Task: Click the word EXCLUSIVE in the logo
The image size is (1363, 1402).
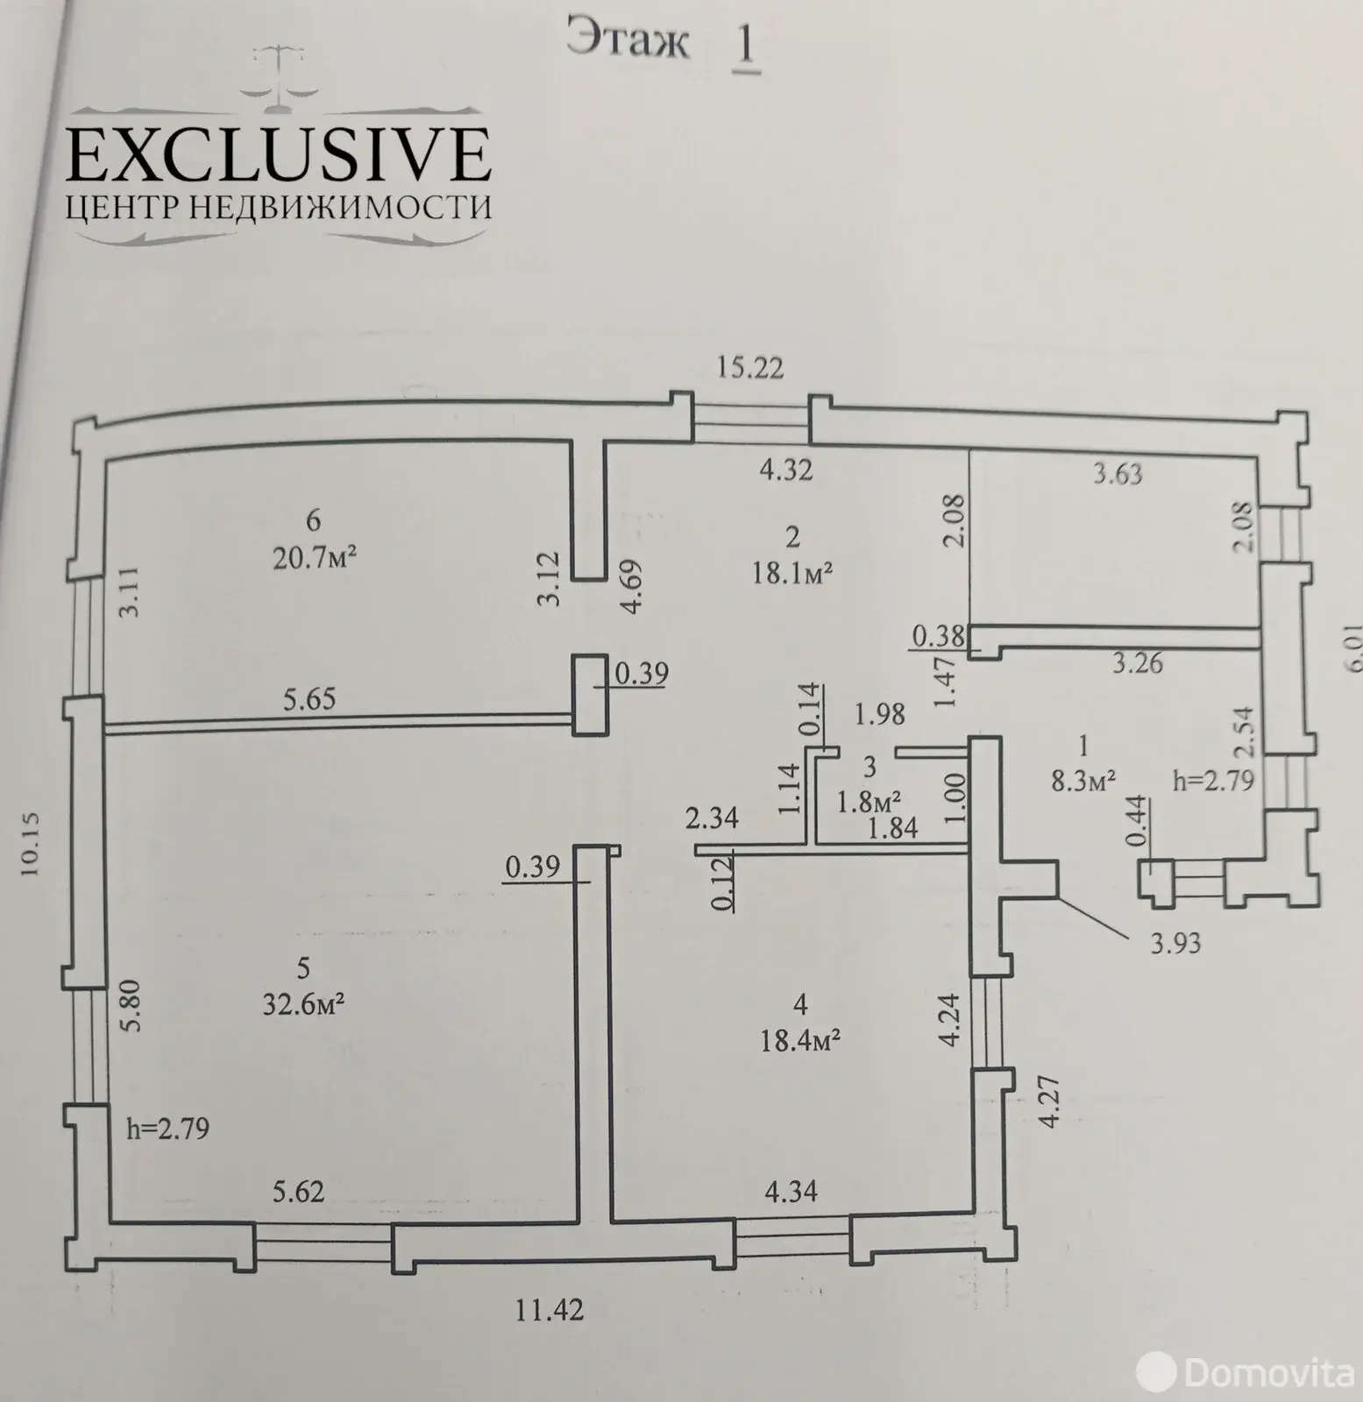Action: click(279, 155)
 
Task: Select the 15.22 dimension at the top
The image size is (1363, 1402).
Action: click(749, 368)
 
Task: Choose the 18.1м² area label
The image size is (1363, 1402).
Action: click(792, 572)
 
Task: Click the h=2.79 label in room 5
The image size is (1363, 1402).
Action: click(168, 1129)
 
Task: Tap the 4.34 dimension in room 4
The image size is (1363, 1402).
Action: click(792, 1192)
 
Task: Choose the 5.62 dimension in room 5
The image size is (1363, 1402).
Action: click(299, 1192)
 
